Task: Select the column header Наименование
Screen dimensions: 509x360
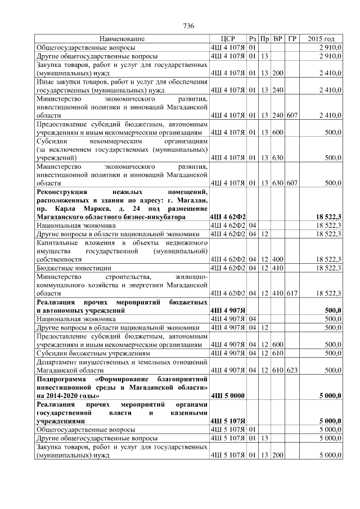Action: click(x=121, y=39)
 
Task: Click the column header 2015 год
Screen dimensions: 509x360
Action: click(x=321, y=39)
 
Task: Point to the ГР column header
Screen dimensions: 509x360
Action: click(x=291, y=39)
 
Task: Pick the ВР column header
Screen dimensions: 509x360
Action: click(x=277, y=39)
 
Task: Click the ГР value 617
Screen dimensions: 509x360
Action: click(x=291, y=293)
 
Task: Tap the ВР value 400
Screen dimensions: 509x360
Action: click(x=277, y=259)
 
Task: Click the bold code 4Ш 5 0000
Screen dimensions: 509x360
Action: click(x=227, y=396)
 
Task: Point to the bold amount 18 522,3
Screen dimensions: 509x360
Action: click(x=328, y=217)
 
